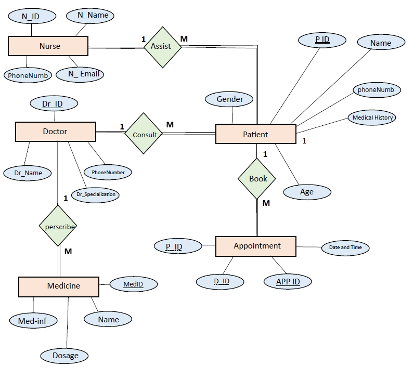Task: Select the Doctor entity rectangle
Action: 55,132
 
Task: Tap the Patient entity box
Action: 255,134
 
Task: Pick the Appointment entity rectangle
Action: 256,246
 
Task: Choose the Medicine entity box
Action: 58,285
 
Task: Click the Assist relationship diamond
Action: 161,46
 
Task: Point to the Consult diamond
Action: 145,134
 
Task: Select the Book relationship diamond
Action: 257,178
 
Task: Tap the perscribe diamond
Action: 58,226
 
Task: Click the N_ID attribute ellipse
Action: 31,16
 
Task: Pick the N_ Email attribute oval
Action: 80,74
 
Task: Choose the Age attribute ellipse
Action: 307,192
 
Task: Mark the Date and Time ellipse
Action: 345,247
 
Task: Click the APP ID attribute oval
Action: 288,282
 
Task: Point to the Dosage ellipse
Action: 65,356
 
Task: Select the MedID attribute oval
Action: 133,284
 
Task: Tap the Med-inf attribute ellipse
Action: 32,321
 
